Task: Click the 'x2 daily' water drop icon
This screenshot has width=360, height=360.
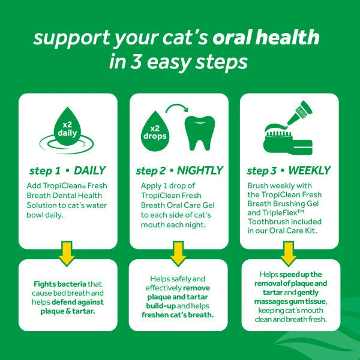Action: tap(67, 129)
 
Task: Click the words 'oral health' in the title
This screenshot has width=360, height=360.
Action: tap(272, 38)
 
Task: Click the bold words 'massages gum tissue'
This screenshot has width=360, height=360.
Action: tap(290, 301)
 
